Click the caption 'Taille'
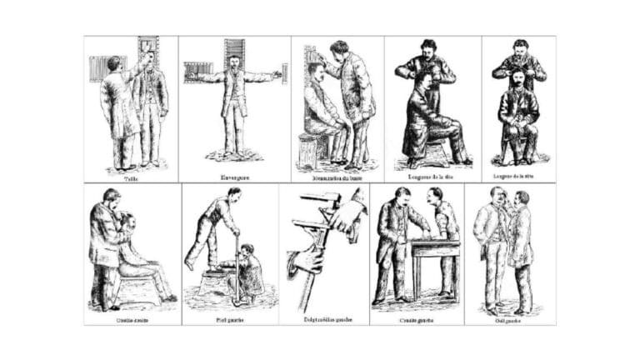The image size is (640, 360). point(130,177)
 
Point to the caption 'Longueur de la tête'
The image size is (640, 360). point(432,177)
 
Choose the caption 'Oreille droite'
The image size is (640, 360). point(132,317)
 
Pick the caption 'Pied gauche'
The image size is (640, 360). point(229,317)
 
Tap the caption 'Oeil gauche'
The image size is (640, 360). point(509,317)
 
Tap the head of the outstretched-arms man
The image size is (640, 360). point(234,62)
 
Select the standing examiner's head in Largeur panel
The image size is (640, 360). point(521,48)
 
